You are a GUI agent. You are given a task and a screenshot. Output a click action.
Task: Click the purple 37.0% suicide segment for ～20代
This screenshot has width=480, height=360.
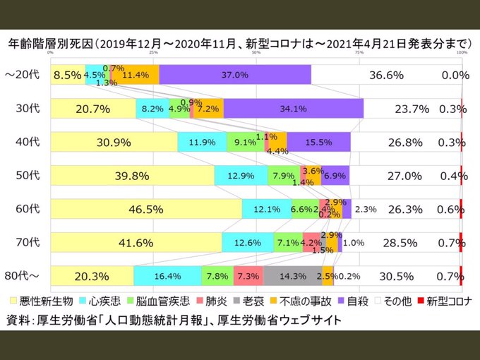pos(235,75)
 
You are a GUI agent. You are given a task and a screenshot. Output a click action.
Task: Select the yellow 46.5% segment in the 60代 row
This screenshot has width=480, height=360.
pos(146,209)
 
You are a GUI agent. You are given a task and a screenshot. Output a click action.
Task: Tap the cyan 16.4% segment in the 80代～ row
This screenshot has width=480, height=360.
pos(167,276)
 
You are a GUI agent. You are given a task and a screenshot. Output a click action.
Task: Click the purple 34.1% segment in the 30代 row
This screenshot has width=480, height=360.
pos(293,109)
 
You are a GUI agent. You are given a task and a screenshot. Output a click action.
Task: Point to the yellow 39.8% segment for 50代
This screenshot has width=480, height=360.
pos(132,176)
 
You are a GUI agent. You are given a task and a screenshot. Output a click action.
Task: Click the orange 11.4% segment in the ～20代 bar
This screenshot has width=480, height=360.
pos(135,75)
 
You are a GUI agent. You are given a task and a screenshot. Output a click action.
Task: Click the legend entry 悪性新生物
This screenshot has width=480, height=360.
pos(42,301)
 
